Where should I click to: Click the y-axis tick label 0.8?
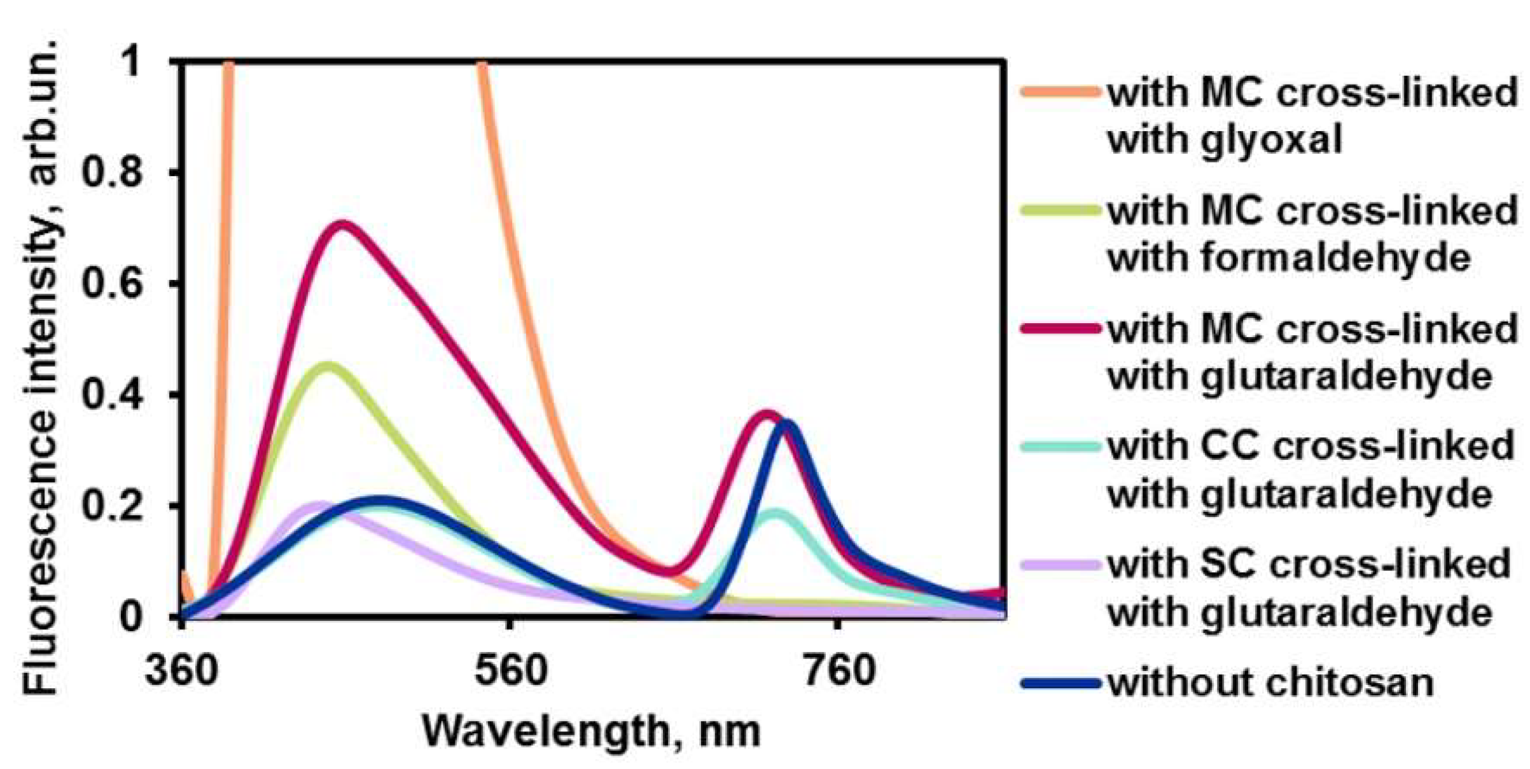[114, 173]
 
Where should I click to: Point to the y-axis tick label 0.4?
[114, 395]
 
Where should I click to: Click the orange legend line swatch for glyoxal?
[1060, 92]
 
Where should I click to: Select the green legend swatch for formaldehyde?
[1060, 211]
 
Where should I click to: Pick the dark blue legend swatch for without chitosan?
[1060, 684]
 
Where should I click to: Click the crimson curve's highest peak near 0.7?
[342, 226]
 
